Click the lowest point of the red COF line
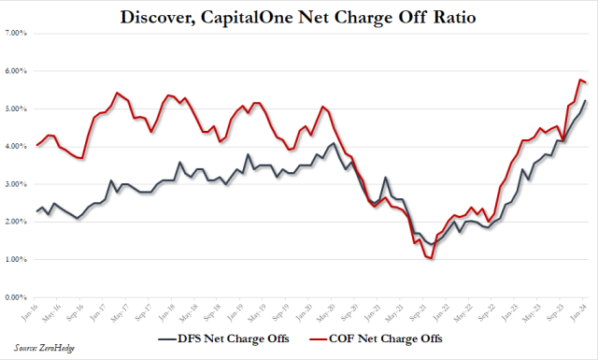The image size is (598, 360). coord(432,258)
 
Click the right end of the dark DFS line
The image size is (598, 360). coord(586,100)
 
